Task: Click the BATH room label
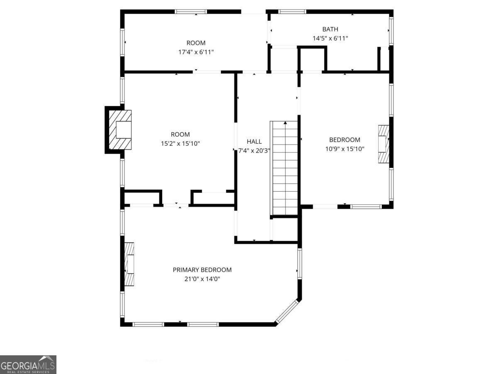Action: [330, 29]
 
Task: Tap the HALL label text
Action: [254, 141]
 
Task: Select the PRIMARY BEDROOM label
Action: [202, 270]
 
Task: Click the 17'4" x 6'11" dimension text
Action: [196, 52]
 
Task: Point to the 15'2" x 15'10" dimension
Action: [181, 143]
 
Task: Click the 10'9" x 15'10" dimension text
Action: [345, 149]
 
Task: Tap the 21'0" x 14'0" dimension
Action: [202, 279]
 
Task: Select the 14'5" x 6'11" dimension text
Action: [330, 38]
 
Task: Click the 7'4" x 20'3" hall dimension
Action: [254, 150]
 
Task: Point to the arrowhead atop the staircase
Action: [285, 123]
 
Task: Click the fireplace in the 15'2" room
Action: [120, 130]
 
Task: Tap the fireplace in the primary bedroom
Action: [129, 264]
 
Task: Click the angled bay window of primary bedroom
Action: [287, 312]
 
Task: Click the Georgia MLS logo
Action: [28, 365]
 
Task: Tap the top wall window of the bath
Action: [292, 12]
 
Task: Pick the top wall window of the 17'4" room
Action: [191, 12]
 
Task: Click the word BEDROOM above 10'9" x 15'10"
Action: [344, 140]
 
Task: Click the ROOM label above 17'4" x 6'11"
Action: [196, 43]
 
